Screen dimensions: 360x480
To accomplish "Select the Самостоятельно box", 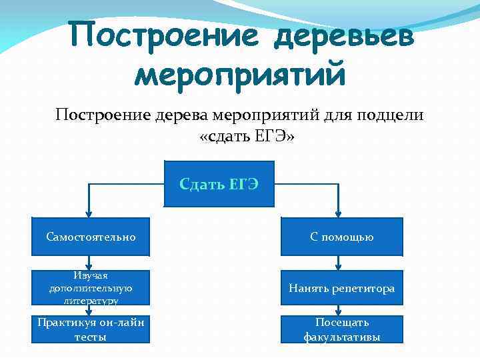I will [x=91, y=237].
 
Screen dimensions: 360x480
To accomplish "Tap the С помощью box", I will [x=341, y=237].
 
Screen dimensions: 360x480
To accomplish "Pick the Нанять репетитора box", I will [x=341, y=289].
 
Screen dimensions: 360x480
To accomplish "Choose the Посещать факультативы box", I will [x=341, y=329].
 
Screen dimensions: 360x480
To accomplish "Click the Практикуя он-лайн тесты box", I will [x=91, y=329].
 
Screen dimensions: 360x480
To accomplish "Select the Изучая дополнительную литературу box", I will [x=91, y=289].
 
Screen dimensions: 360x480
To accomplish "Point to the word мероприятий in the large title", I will [x=240, y=75].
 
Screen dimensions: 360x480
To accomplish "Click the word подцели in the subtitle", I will [x=392, y=115].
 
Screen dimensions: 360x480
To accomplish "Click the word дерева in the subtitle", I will [x=183, y=115].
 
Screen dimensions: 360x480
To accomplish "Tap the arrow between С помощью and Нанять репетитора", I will [x=339, y=264].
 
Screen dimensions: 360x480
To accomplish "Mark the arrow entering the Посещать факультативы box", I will [x=339, y=311].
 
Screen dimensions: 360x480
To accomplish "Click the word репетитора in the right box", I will [x=366, y=289].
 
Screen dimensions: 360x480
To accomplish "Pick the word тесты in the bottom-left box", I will [x=91, y=337].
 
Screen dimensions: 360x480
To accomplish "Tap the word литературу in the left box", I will [x=91, y=301].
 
